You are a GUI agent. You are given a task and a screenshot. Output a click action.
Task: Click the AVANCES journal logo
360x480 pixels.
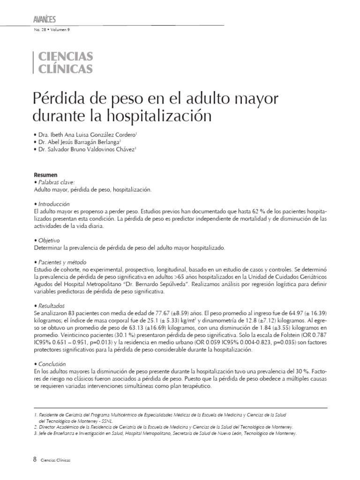[45, 19]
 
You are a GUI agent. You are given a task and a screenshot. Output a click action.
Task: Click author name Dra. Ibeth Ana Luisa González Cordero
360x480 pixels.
[87, 134]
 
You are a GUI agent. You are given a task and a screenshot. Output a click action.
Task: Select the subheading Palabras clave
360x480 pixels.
[55, 182]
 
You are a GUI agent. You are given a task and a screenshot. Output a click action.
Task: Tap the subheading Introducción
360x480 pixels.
[53, 204]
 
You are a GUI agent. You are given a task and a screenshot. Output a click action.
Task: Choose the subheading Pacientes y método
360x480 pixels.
[61, 262]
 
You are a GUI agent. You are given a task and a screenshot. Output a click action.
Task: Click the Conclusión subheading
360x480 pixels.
[51, 364]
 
